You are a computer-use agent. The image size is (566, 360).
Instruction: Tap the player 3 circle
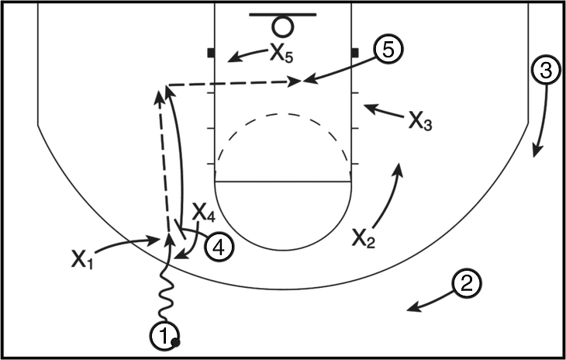[545, 71]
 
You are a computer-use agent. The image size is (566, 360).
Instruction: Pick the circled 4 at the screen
[218, 247]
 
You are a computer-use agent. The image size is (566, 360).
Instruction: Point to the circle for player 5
[386, 49]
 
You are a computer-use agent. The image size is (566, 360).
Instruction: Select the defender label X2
[363, 237]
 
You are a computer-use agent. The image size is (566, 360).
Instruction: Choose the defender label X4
[202, 210]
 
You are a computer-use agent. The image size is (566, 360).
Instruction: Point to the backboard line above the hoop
[283, 15]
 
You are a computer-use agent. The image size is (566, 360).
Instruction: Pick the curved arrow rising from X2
[392, 194]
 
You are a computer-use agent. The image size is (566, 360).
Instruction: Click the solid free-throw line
[283, 182]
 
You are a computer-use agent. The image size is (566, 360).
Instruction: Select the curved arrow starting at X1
[124, 244]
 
